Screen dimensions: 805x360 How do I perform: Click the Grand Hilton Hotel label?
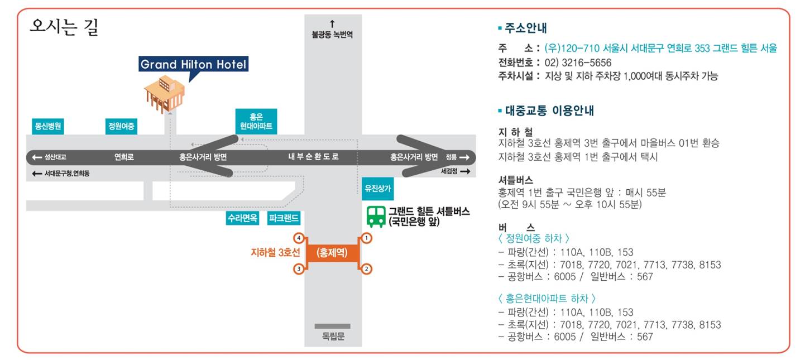pyautogui.click(x=193, y=64)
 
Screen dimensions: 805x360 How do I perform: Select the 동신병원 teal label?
pyautogui.click(x=48, y=126)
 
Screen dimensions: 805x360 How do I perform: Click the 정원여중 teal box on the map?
pyautogui.click(x=121, y=126)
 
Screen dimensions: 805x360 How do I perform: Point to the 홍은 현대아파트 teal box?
pyautogui.click(x=256, y=122)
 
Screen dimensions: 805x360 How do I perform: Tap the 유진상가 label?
pyautogui.click(x=378, y=188)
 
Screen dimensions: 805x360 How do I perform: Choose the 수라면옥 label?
pyautogui.click(x=243, y=218)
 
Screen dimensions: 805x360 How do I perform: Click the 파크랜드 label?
pyautogui.click(x=284, y=218)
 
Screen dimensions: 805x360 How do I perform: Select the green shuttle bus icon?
pyautogui.click(x=376, y=217)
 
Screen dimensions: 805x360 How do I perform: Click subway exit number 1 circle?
pyautogui.click(x=366, y=238)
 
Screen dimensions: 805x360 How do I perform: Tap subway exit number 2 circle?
pyautogui.click(x=366, y=268)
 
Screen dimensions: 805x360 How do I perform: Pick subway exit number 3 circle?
pyautogui.click(x=299, y=268)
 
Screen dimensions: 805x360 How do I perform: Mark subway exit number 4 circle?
pyautogui.click(x=299, y=238)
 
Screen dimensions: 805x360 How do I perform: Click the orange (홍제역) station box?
pyautogui.click(x=332, y=253)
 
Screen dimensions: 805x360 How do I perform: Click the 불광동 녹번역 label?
pyautogui.click(x=332, y=35)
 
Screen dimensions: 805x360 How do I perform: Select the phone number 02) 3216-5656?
pyautogui.click(x=578, y=63)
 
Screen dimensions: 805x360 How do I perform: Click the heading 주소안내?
pyautogui.click(x=526, y=28)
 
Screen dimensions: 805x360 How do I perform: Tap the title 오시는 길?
pyautogui.click(x=64, y=27)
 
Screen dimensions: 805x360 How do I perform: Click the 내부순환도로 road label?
pyautogui.click(x=313, y=157)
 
